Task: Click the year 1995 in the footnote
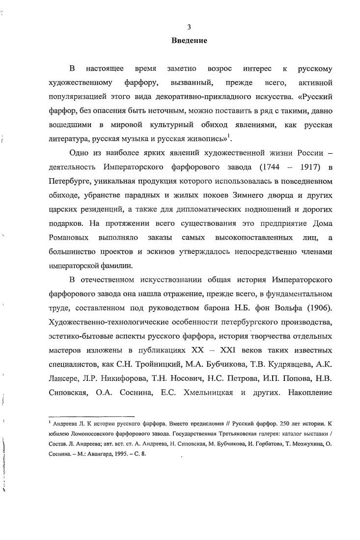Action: point(115,455)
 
